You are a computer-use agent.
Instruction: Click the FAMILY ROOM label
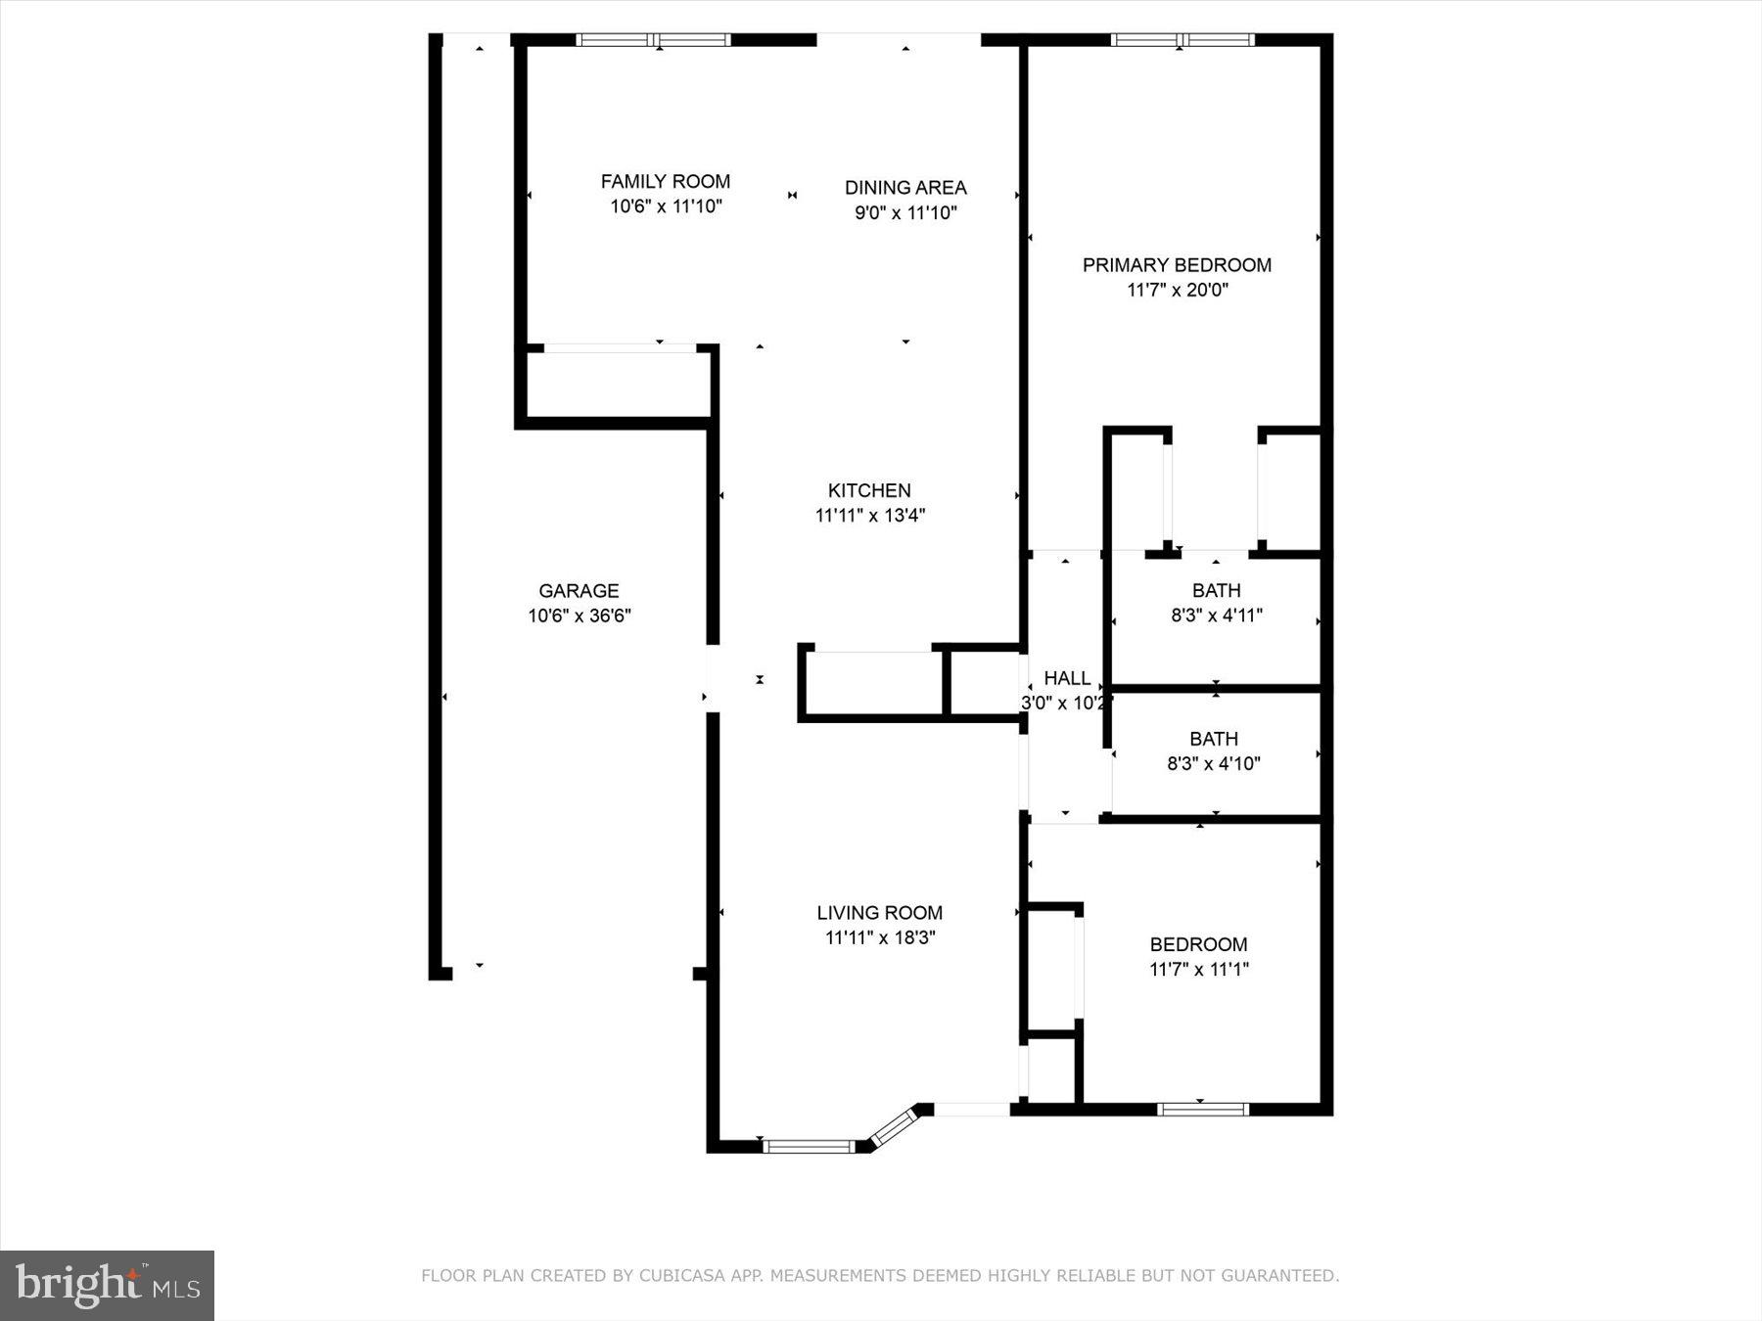665,181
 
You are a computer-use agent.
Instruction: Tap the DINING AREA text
905,187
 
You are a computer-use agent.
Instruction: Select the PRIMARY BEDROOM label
1177,264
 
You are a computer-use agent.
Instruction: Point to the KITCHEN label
869,490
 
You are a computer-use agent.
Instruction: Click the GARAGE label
579,590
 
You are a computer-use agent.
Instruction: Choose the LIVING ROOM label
879,912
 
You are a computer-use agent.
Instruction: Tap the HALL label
1067,678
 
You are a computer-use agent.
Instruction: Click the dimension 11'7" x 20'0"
1177,290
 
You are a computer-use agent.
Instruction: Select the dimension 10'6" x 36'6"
580,615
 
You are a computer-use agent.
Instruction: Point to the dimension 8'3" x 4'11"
1217,615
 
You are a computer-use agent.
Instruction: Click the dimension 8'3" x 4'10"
1214,763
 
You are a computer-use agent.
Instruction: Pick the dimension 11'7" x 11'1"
1198,970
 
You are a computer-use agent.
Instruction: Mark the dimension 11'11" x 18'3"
879,937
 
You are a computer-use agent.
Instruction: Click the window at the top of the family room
653,40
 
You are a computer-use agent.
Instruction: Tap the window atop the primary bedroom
1182,40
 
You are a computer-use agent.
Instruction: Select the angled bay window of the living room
893,1126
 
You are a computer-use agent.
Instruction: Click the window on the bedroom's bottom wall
1202,1109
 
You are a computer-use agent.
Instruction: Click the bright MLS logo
107,1285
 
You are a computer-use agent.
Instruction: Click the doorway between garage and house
713,678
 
